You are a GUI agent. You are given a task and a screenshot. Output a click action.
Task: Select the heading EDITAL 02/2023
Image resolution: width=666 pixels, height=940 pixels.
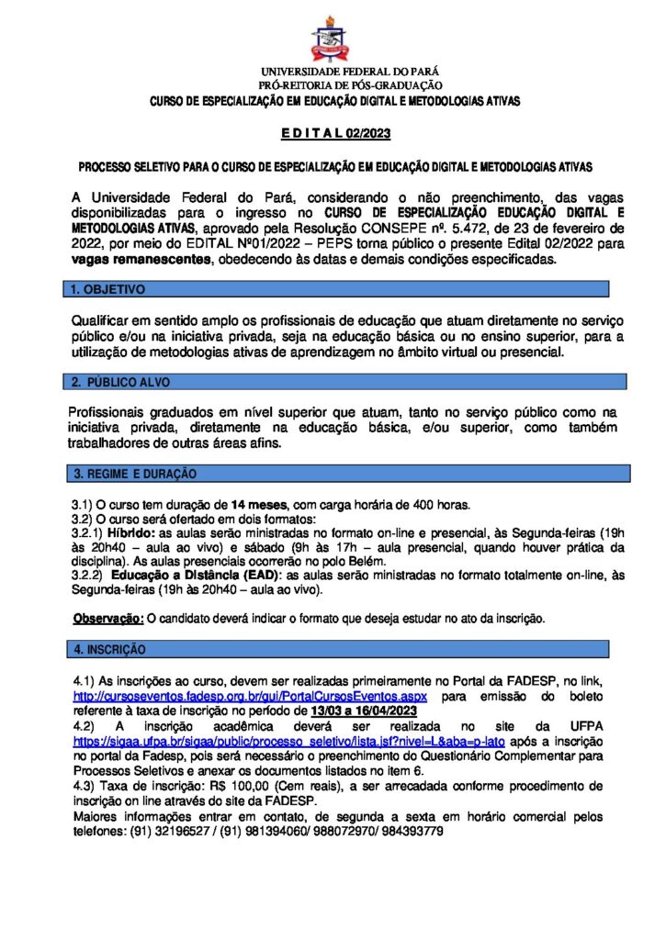pos(335,134)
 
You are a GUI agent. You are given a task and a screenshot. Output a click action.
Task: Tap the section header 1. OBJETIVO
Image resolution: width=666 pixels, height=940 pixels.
pos(108,289)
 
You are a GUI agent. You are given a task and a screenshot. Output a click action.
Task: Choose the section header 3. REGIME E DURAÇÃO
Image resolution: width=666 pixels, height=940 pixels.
pos(135,474)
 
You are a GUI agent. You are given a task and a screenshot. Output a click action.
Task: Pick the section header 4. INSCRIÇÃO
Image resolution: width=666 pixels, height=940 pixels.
pos(109,649)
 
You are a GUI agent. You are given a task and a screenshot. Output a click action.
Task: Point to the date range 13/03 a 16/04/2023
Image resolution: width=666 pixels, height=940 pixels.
pos(365,711)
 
